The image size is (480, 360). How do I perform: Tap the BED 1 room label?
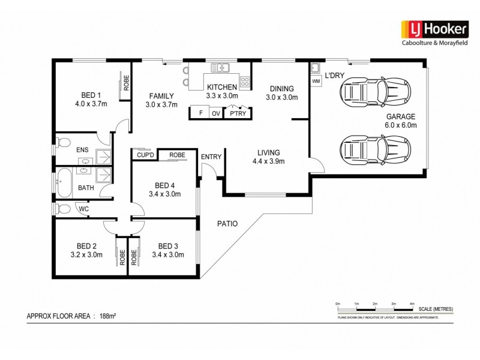point(91,95)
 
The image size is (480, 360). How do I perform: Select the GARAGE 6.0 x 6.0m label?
point(401,121)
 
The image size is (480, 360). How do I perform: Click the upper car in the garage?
point(376,92)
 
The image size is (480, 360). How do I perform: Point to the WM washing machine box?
point(316,81)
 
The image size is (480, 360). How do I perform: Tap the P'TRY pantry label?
point(236,113)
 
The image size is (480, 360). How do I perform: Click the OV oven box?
point(215,113)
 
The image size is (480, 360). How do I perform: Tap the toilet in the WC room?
point(62,209)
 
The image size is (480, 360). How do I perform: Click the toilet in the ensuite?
point(62,143)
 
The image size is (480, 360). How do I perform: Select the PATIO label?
point(227,224)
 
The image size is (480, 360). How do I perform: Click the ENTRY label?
point(211,157)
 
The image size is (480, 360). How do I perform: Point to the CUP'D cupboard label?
point(145,155)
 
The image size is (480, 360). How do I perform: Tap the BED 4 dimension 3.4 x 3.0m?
point(165,194)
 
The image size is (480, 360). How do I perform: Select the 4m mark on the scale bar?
point(412,304)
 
